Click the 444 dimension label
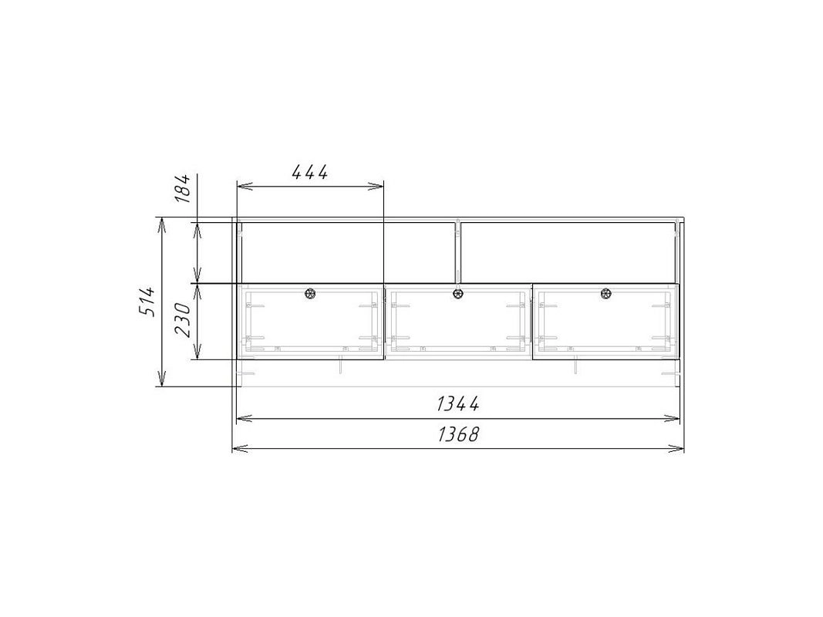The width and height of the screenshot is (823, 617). (x=309, y=171)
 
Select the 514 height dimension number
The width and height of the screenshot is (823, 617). (x=147, y=301)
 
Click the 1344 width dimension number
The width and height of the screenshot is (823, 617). (x=457, y=403)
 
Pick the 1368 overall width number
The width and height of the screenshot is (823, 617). (x=458, y=434)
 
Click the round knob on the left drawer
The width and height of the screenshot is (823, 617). (x=310, y=293)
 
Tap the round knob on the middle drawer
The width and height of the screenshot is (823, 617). (x=458, y=293)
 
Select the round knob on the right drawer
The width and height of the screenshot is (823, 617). (x=606, y=293)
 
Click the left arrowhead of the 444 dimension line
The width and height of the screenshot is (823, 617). (x=245, y=186)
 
